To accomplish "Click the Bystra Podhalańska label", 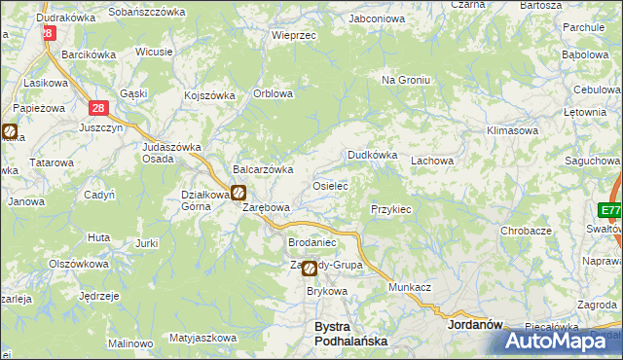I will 350,334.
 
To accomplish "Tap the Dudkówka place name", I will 373,155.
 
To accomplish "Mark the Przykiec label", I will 391,209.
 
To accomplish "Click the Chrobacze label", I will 526,231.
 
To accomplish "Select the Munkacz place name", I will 410,289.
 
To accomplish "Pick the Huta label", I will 98,236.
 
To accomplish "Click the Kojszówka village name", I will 210,95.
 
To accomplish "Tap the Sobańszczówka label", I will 147,11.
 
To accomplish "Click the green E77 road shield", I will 610,210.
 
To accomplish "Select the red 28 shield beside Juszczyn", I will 98,110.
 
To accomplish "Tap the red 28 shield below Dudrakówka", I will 48,32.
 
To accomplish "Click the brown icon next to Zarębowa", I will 238,193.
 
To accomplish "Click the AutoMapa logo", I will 556,341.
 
